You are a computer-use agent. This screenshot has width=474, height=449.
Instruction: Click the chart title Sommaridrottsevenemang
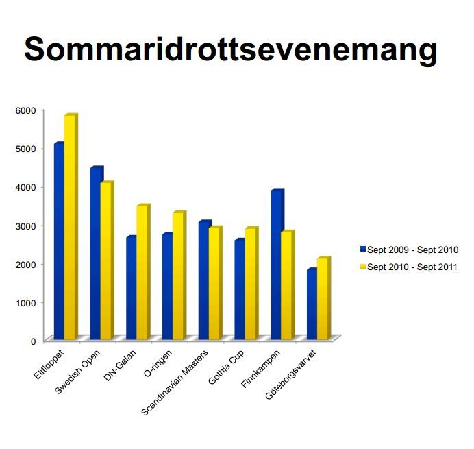230,50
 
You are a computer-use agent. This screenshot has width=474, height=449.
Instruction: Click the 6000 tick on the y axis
25,110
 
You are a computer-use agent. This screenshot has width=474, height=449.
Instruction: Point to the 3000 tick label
25,226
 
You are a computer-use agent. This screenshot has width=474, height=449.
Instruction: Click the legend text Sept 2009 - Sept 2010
412,250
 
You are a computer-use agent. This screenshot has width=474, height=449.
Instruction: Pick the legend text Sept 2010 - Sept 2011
412,267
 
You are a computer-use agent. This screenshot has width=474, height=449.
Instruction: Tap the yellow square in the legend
362,267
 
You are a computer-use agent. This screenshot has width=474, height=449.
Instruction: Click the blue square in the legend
362,250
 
